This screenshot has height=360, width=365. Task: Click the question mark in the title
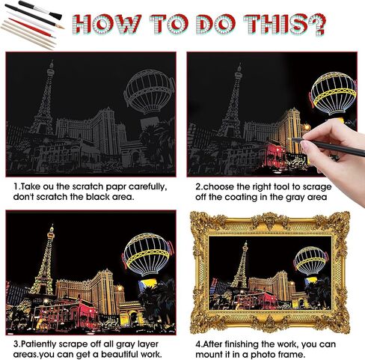point(317,24)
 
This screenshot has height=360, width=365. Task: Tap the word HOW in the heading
point(107,24)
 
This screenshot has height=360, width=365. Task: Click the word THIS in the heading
point(276,24)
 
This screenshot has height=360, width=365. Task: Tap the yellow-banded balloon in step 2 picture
point(333,94)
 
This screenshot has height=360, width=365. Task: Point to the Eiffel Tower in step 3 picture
point(44,260)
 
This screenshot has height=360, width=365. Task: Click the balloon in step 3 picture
point(147,254)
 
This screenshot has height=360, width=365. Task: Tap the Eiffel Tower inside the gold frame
point(240,264)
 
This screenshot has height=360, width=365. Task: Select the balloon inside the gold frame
point(310,260)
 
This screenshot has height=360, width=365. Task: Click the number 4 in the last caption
point(197,344)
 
